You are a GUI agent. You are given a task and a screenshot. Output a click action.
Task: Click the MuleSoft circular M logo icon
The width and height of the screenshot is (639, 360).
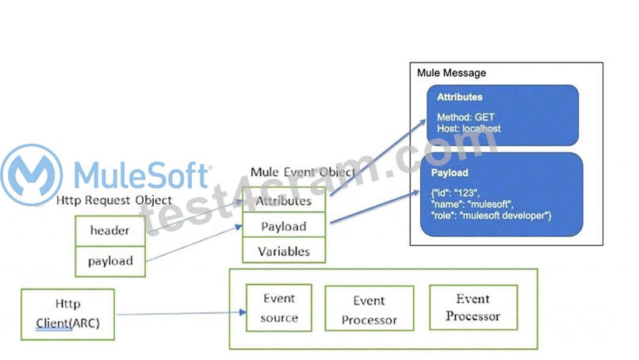pyautogui.click(x=32, y=174)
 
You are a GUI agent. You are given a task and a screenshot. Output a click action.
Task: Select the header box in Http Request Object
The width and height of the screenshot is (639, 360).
pyautogui.click(x=110, y=231)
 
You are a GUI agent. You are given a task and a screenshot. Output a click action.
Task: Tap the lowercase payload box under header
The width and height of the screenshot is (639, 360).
pyautogui.click(x=110, y=262)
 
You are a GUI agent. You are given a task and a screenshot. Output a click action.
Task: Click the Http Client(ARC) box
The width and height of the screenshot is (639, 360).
pyautogui.click(x=67, y=314)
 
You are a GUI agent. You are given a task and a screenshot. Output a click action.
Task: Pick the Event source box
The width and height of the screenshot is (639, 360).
pyautogui.click(x=279, y=308)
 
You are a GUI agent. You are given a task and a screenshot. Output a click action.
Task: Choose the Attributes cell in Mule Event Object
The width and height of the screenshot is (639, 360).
pyautogui.click(x=284, y=200)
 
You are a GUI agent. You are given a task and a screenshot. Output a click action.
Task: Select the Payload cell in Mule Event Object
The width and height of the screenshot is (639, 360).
pyautogui.click(x=284, y=226)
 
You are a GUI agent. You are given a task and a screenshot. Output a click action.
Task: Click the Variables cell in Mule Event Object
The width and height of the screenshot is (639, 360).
pyautogui.click(x=284, y=251)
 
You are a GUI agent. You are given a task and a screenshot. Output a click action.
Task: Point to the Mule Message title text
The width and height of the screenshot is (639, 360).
pyautogui.click(x=452, y=73)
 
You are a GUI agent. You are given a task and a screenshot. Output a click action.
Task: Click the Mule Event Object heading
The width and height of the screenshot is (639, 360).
pyautogui.click(x=303, y=172)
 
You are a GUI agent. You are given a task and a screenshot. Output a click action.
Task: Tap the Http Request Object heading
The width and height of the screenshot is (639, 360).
pyautogui.click(x=114, y=200)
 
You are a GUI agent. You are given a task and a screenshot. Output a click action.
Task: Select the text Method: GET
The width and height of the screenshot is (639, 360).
pyautogui.click(x=465, y=117)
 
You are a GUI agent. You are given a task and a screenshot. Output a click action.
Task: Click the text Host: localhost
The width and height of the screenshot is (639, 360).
pyautogui.click(x=469, y=128)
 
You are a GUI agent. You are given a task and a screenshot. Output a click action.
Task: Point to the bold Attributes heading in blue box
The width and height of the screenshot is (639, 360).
pyautogui.click(x=460, y=97)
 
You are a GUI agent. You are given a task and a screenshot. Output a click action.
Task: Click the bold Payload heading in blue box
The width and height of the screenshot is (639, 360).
pyautogui.click(x=450, y=173)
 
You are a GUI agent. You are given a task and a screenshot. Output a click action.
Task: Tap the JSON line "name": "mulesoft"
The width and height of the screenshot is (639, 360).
pyautogui.click(x=472, y=205)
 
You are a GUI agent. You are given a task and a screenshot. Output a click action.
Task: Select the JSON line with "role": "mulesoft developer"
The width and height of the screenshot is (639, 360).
pyautogui.click(x=491, y=216)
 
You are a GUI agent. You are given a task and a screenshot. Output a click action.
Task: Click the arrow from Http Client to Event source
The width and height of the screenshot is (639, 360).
pyautogui.click(x=182, y=313)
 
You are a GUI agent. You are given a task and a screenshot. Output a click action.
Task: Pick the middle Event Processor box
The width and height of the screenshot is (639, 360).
pyautogui.click(x=369, y=308)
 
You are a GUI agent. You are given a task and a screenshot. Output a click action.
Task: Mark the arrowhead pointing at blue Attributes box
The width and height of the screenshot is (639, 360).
pyautogui.click(x=423, y=122)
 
